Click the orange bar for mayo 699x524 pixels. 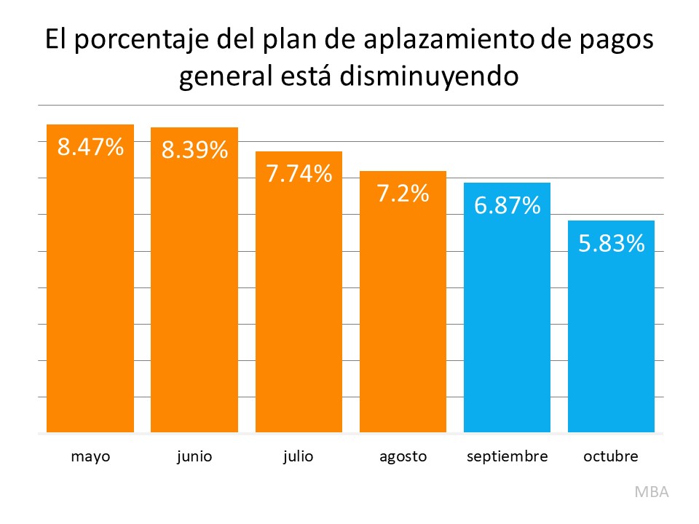[x=90, y=291]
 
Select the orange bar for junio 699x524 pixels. [x=194, y=291]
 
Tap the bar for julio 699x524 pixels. [x=299, y=306]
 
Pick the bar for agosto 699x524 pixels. [x=403, y=313]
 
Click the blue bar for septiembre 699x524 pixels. [x=507, y=320]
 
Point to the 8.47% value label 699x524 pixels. [x=90, y=148]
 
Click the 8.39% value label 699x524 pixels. [x=194, y=151]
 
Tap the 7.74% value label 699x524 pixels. [x=299, y=174]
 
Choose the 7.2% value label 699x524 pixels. [x=403, y=194]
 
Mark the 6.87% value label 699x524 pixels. [x=507, y=206]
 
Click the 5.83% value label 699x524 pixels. [x=611, y=244]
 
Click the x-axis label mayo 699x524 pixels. [x=90, y=457]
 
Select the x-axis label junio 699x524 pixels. [x=194, y=457]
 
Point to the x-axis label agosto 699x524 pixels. [x=403, y=457]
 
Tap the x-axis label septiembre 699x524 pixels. [x=507, y=457]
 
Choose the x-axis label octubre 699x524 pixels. [x=611, y=457]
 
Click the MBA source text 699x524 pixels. [x=651, y=491]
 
